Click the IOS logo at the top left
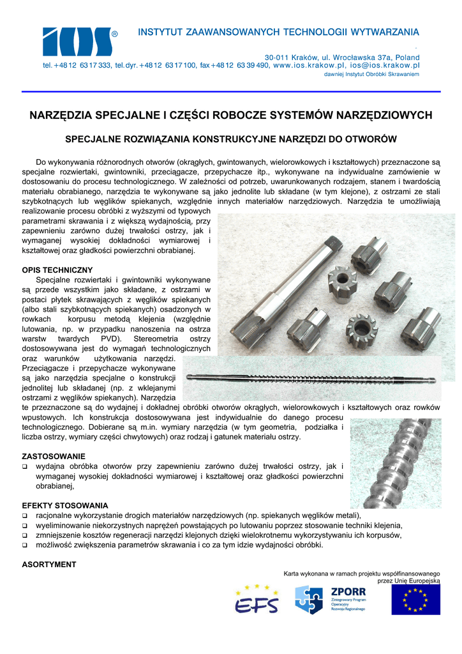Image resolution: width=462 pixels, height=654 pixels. point(77,42)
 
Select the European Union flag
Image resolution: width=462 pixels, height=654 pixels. point(415,600)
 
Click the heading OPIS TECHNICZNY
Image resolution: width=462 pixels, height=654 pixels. point(57,270)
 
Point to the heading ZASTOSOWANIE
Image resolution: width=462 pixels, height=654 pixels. point(54,457)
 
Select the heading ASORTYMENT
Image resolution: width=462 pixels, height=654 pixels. point(49,565)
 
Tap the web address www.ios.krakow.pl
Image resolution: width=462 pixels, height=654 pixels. point(309,65)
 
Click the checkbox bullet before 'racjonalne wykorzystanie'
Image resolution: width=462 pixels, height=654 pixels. point(25,516)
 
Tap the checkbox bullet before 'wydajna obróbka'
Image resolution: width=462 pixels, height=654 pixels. point(25,467)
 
